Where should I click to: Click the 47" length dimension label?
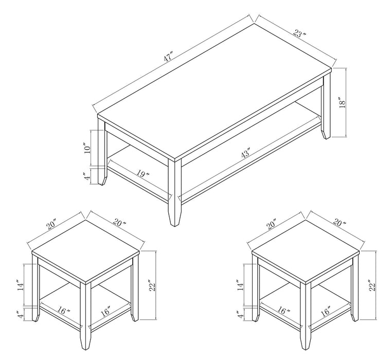click(168, 57)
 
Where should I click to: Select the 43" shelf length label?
click(244, 154)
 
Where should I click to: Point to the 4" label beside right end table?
click(238, 314)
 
